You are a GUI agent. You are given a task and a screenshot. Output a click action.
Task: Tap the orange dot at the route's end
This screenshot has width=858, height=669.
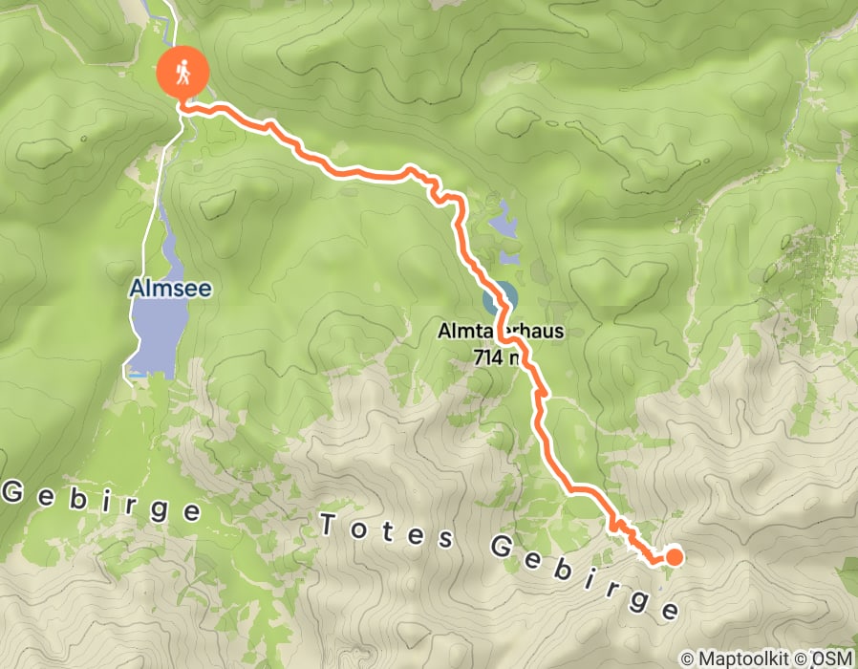coord(674,557)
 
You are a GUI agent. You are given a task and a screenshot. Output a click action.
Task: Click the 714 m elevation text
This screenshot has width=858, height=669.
coord(497,357)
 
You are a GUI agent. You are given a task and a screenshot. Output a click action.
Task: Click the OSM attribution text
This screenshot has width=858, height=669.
coord(833,658)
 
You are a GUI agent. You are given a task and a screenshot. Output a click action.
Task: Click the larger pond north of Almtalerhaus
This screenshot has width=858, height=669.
coord(503,225)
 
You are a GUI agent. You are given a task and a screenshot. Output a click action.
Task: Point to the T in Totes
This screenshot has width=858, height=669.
coord(330,522)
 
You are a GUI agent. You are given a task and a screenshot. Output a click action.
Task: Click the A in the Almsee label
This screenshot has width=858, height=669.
coord(138,287)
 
